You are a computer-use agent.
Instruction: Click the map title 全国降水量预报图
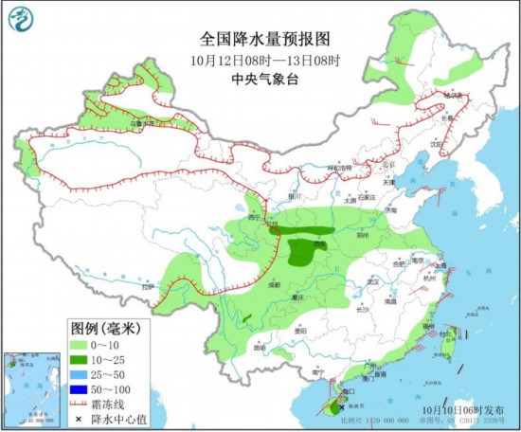(x=264, y=39)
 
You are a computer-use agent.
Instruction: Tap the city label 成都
(x=273, y=283)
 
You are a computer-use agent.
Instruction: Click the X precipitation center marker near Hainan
(x=342, y=406)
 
